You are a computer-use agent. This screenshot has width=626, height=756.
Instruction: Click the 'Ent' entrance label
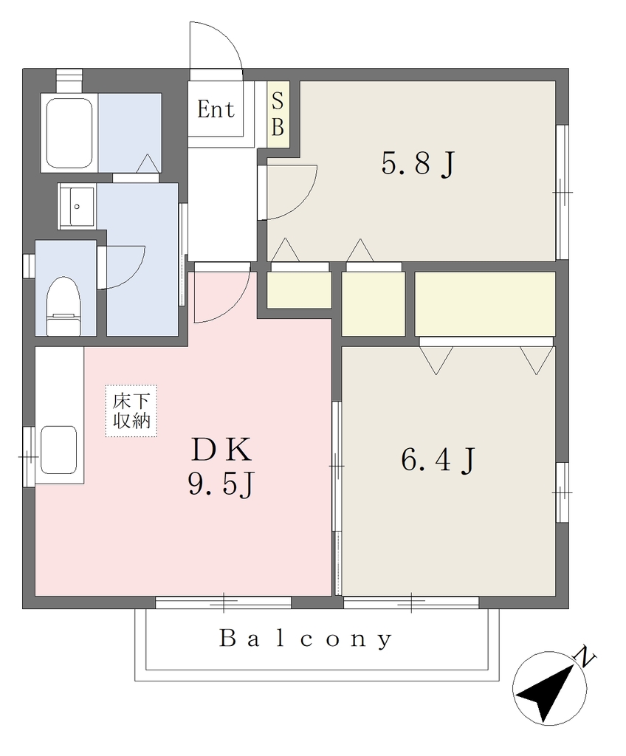[x=216, y=109]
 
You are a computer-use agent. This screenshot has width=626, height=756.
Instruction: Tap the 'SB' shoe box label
[x=278, y=114]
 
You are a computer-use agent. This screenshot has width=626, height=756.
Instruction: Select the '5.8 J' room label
[x=418, y=163]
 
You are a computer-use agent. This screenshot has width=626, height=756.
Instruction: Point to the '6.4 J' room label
[x=438, y=459]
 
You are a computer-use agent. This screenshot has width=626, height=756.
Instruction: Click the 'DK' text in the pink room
[x=222, y=450]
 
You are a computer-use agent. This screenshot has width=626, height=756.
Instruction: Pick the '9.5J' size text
[x=221, y=484]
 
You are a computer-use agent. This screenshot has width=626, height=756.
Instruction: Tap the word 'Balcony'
[x=306, y=639]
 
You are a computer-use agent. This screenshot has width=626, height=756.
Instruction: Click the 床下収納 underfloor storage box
[x=131, y=410]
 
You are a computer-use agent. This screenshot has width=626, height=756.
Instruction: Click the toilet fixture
[x=63, y=306]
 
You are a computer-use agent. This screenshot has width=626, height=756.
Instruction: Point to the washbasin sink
[x=78, y=207]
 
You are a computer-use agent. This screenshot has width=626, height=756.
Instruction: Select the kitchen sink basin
[x=59, y=450]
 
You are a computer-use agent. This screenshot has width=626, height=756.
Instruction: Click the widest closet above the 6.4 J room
[x=485, y=303]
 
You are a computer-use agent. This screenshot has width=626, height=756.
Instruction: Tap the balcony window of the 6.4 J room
[x=411, y=602]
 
